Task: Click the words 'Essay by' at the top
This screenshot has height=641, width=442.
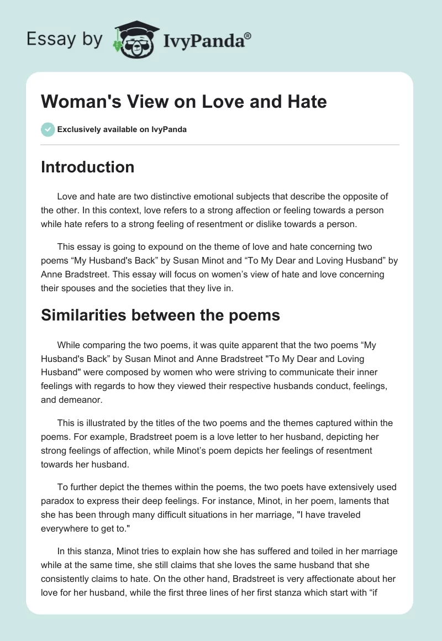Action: coord(65,39)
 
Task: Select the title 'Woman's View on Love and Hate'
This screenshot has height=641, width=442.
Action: coord(184,102)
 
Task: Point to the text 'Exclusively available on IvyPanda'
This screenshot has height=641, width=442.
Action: coord(122,130)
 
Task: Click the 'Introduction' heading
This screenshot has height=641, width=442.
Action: coord(88,167)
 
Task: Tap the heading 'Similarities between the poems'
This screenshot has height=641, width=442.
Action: coord(160,316)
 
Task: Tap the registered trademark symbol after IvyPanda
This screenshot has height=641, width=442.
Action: coord(248,35)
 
